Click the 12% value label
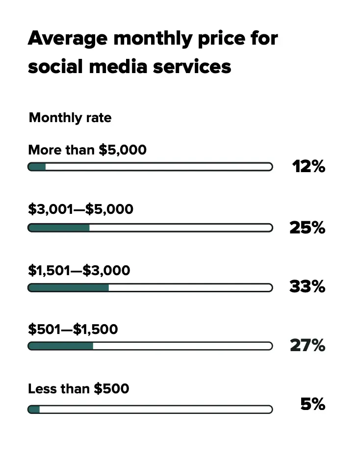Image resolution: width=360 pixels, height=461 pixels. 309,167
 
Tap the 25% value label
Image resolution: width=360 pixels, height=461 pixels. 308,228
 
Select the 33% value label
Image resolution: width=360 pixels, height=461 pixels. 308,286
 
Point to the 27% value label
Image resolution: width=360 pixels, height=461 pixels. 308,346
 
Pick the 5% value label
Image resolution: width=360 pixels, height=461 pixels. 312,405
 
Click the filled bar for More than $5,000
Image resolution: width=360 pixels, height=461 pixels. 37,167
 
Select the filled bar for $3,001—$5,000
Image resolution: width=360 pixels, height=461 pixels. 59,228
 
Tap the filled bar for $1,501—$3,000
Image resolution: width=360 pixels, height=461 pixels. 69,287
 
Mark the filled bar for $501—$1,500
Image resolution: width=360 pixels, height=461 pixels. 61,346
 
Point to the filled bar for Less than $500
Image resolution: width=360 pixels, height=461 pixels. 34,409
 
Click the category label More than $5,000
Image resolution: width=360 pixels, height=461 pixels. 87,150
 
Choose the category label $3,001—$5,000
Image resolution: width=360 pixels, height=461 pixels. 80,209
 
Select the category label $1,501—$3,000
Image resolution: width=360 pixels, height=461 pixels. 79,270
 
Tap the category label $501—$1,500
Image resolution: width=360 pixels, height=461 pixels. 73,329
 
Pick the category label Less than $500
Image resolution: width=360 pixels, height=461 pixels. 78,389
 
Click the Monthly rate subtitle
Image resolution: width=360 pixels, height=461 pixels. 70,118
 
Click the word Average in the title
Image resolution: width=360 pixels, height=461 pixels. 64,38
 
